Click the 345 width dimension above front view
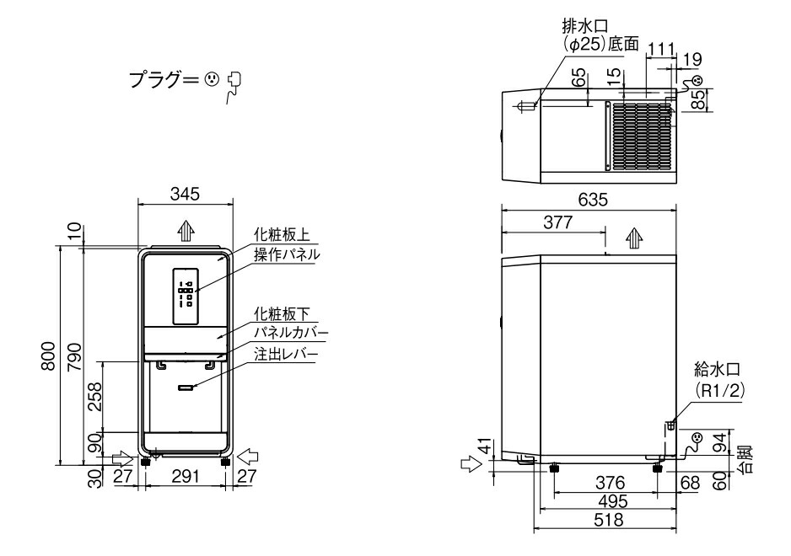click(x=184, y=195)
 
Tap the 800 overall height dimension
click(x=50, y=356)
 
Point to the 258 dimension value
click(x=95, y=394)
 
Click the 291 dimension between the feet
click(x=185, y=478)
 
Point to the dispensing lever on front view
click(x=186, y=388)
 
